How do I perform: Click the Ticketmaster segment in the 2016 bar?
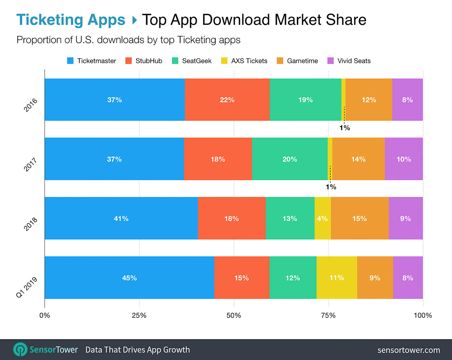tap(115, 100)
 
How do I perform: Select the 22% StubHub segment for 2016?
tap(227, 100)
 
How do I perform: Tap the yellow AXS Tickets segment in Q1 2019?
tap(336, 278)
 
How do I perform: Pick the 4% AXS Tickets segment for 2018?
tap(322, 218)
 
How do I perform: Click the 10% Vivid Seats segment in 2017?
tap(404, 159)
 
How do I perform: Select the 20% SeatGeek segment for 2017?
tap(289, 159)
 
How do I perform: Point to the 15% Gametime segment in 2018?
tap(359, 218)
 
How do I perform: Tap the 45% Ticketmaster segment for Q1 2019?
tap(129, 278)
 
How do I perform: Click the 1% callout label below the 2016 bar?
tap(345, 128)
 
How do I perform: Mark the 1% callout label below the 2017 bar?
tap(331, 187)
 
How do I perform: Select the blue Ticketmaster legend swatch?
tap(70, 61)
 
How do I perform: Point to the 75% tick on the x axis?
tap(328, 315)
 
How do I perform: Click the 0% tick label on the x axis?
tap(45, 315)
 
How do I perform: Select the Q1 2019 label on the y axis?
tap(27, 287)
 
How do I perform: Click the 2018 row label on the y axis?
tap(30, 224)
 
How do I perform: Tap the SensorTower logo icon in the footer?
tap(20, 349)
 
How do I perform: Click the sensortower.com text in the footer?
tap(408, 350)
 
